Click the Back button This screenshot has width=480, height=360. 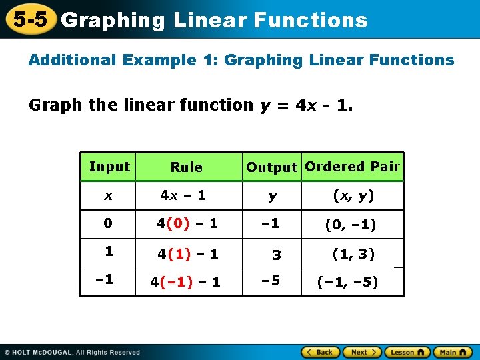click(320, 352)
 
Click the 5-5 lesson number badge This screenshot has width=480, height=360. click(30, 20)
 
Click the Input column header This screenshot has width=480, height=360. click(109, 167)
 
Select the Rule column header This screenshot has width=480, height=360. click(186, 167)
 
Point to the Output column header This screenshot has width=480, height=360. click(271, 167)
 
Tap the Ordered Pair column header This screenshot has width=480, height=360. click(352, 167)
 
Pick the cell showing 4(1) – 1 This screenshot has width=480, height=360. click(187, 254)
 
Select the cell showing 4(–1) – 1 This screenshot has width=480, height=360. click(185, 282)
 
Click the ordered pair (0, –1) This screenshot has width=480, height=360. click(350, 225)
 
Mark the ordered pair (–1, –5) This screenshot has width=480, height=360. click(348, 283)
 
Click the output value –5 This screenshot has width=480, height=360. click(270, 281)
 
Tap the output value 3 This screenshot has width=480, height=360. click(276, 255)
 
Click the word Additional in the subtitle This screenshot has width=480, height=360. click(71, 60)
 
